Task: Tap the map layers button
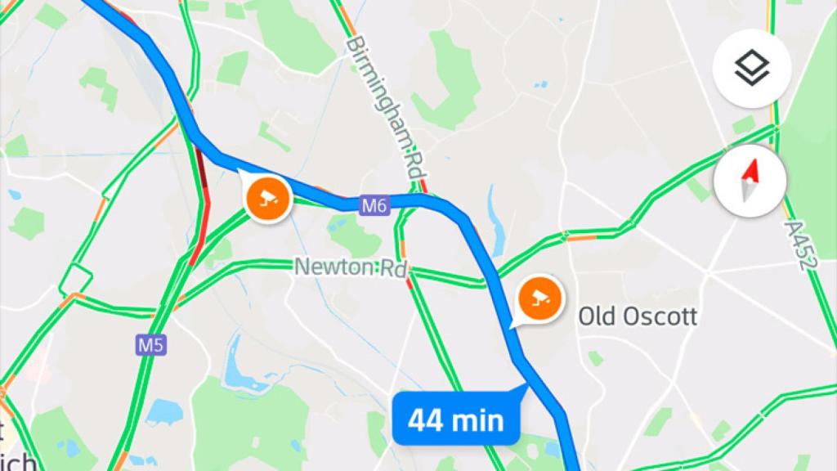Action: tap(751, 70)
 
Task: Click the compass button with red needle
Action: tap(750, 181)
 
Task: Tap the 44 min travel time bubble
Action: tap(455, 420)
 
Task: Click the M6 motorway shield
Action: tap(374, 206)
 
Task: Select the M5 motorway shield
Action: tap(150, 345)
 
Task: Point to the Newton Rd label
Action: tap(351, 267)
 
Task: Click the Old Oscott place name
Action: tap(638, 316)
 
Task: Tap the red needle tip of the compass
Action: tap(753, 168)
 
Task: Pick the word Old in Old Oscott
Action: tap(595, 316)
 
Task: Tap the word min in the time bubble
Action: tap(478, 420)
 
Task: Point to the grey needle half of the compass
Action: tap(747, 193)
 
